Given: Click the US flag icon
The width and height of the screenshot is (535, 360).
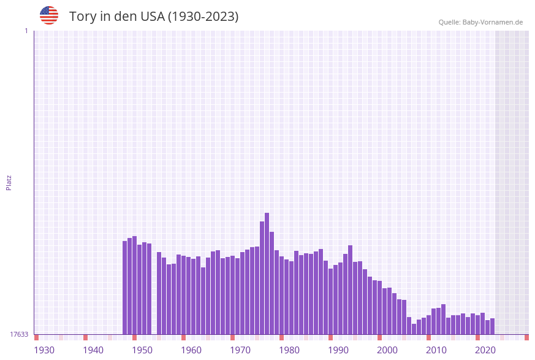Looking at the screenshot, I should coord(49,15).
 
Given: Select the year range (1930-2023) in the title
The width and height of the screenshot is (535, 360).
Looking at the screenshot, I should coord(203,17).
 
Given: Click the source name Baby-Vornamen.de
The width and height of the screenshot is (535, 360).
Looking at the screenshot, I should coord(493,22).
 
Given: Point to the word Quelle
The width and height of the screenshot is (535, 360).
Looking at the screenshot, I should coord(449,22).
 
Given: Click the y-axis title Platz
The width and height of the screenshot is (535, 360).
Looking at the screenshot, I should coord(9,182).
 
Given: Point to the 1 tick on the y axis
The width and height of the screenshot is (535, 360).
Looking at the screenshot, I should coord(26,31).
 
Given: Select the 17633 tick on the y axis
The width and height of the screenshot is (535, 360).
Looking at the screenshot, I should coord(18,334).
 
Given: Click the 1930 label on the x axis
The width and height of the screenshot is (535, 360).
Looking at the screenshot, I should coord(44,350).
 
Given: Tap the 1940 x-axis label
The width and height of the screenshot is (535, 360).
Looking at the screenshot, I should coord(93,350).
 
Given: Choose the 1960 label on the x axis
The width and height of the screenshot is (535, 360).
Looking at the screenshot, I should coord(191,350).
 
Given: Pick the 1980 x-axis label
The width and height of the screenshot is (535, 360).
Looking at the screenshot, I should coord(289,350).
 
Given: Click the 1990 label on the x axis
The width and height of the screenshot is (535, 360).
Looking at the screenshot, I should coord(338,350).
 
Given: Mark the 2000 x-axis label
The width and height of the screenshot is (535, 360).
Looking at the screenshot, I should coord(387,350).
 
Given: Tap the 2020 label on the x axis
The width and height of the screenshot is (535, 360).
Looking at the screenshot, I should coord(485,350).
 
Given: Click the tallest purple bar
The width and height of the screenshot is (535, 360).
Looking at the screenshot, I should coord(267,274).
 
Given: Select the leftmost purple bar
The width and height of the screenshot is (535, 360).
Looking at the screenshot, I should coord(125,288).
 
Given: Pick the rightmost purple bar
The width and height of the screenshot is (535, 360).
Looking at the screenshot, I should coord(493,326).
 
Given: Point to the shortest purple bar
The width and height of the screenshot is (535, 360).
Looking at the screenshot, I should coord(414,329).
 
